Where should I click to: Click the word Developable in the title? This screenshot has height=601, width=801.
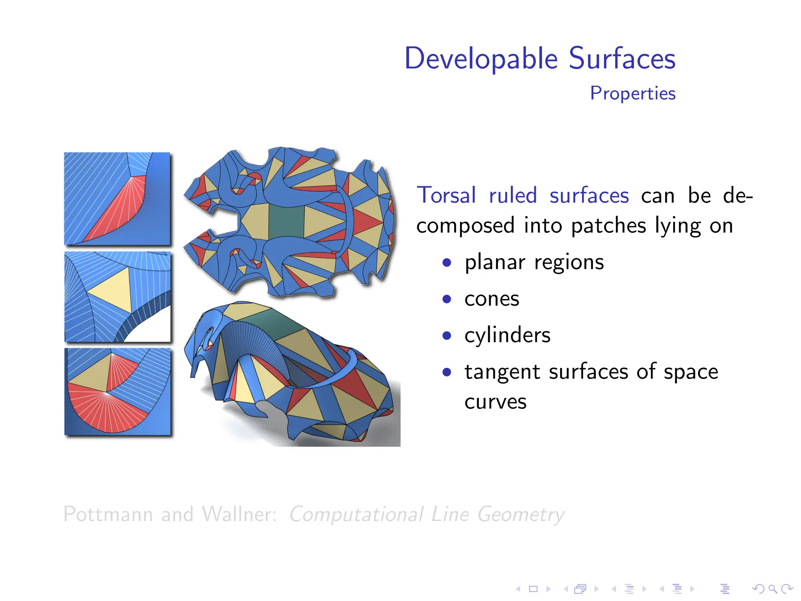click(x=481, y=59)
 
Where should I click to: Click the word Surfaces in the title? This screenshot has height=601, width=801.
click(x=622, y=59)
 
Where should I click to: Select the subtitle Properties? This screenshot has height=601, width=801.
click(x=632, y=94)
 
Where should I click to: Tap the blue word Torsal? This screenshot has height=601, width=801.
click(x=446, y=195)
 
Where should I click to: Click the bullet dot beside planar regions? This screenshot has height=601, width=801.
click(x=447, y=263)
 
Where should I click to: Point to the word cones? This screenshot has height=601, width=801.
click(x=492, y=299)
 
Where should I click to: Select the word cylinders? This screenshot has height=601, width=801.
click(x=507, y=335)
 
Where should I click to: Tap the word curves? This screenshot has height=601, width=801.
click(x=495, y=402)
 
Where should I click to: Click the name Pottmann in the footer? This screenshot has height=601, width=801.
click(x=108, y=514)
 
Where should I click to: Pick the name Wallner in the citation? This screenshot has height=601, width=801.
click(x=239, y=514)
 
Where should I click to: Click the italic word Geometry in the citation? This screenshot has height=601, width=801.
click(x=521, y=514)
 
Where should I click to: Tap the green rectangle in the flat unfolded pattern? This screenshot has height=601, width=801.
click(x=286, y=222)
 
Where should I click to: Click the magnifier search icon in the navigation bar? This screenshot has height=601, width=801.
click(x=772, y=588)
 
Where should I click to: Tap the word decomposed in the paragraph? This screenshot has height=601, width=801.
click(x=465, y=226)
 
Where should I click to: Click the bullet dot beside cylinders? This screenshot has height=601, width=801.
click(x=447, y=336)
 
